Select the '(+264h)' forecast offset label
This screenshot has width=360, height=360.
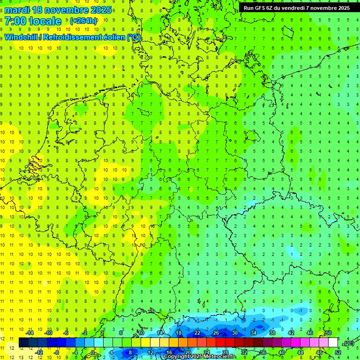point(83,21)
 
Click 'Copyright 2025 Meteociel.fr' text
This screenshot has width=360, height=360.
point(200,357)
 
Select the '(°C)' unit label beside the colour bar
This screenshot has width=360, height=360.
point(348,343)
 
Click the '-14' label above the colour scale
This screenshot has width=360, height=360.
point(30,333)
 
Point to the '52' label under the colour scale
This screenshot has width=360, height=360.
point(338,352)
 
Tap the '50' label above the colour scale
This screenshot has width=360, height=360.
point(328,333)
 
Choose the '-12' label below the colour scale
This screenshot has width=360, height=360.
point(39,352)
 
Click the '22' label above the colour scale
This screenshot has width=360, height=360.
point(197,333)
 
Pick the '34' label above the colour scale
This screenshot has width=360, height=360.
point(253,333)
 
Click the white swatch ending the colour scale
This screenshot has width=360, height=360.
point(333,343)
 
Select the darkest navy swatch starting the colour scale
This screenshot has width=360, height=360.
point(23,343)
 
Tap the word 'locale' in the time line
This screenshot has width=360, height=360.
point(45,21)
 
